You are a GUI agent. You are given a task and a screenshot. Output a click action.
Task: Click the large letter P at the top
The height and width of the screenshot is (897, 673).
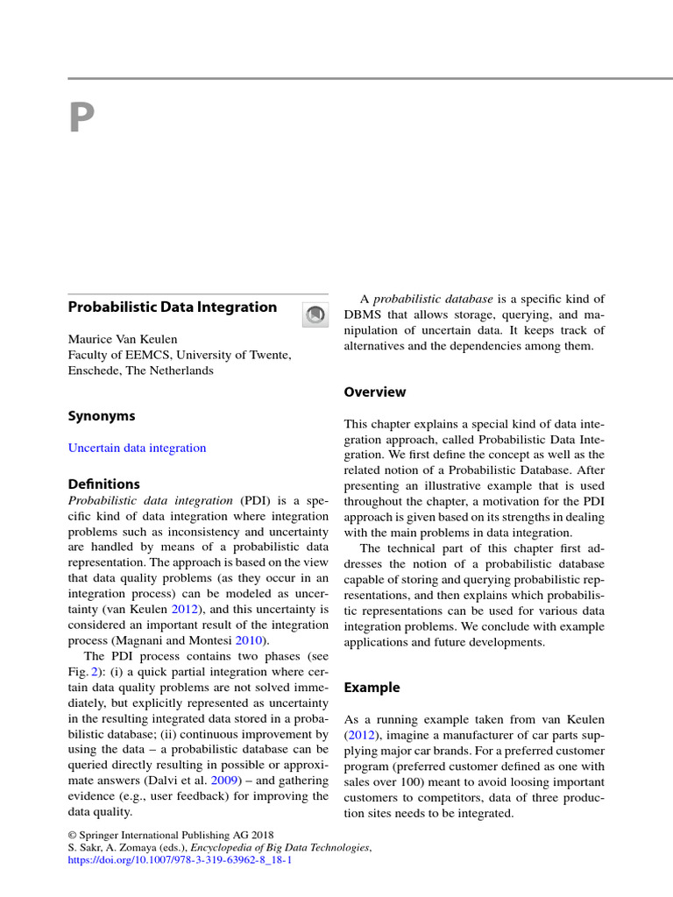[x=81, y=118]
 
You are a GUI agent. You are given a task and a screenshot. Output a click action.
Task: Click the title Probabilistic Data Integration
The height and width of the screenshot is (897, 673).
[x=172, y=307]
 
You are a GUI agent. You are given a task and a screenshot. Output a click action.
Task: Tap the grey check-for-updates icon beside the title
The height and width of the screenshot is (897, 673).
[x=315, y=314]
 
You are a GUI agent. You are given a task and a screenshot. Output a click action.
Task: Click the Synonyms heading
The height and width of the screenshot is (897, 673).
[x=102, y=416]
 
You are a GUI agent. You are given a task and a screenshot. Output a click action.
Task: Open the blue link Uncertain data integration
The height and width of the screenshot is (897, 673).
[x=137, y=448]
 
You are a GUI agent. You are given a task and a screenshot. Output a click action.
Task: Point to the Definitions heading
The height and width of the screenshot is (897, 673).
[x=103, y=484]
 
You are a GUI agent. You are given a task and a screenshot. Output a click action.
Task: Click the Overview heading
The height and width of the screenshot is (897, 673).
[x=375, y=392]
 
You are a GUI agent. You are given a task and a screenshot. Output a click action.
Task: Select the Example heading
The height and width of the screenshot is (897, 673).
[x=372, y=688]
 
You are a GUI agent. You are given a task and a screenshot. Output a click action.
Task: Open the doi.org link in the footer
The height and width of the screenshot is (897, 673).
[x=180, y=861]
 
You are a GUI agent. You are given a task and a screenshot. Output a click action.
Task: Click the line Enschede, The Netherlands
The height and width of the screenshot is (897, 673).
[x=140, y=371]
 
